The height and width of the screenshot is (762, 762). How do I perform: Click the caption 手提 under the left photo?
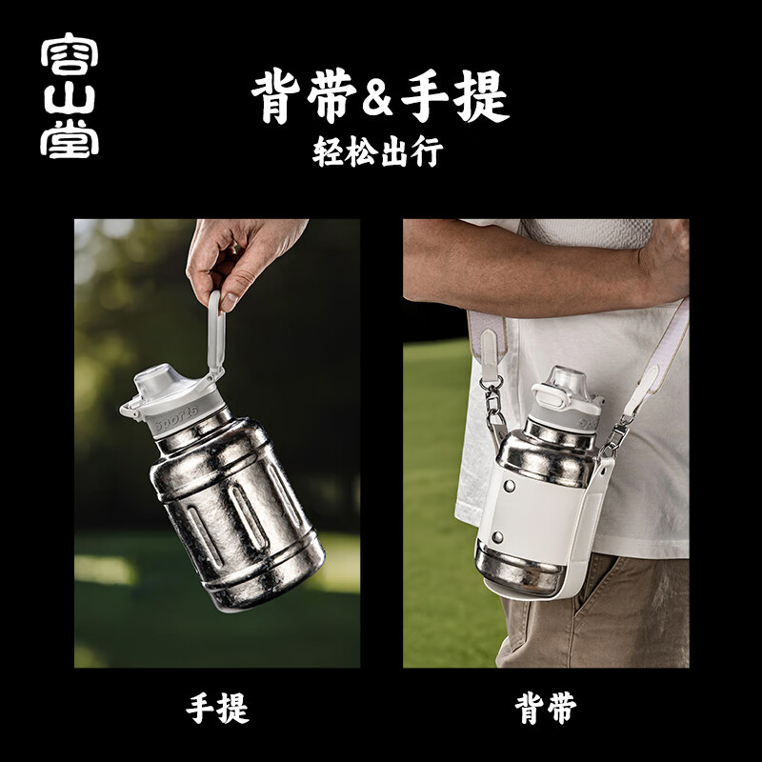[x=217, y=708]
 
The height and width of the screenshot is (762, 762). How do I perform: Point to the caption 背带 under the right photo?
[x=546, y=708]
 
